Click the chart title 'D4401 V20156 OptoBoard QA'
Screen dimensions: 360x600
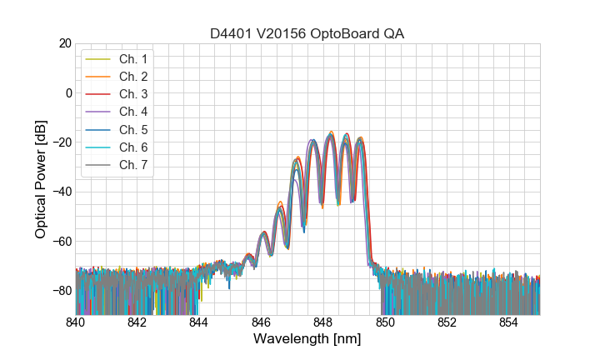point(307,33)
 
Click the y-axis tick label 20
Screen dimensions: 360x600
point(63,43)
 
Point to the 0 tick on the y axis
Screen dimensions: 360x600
point(67,92)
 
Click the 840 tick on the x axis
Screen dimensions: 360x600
point(75,322)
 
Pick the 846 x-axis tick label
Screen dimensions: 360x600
point(261,322)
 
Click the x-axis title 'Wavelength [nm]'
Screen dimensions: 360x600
point(307,340)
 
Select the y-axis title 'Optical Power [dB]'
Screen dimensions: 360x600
point(41,179)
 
